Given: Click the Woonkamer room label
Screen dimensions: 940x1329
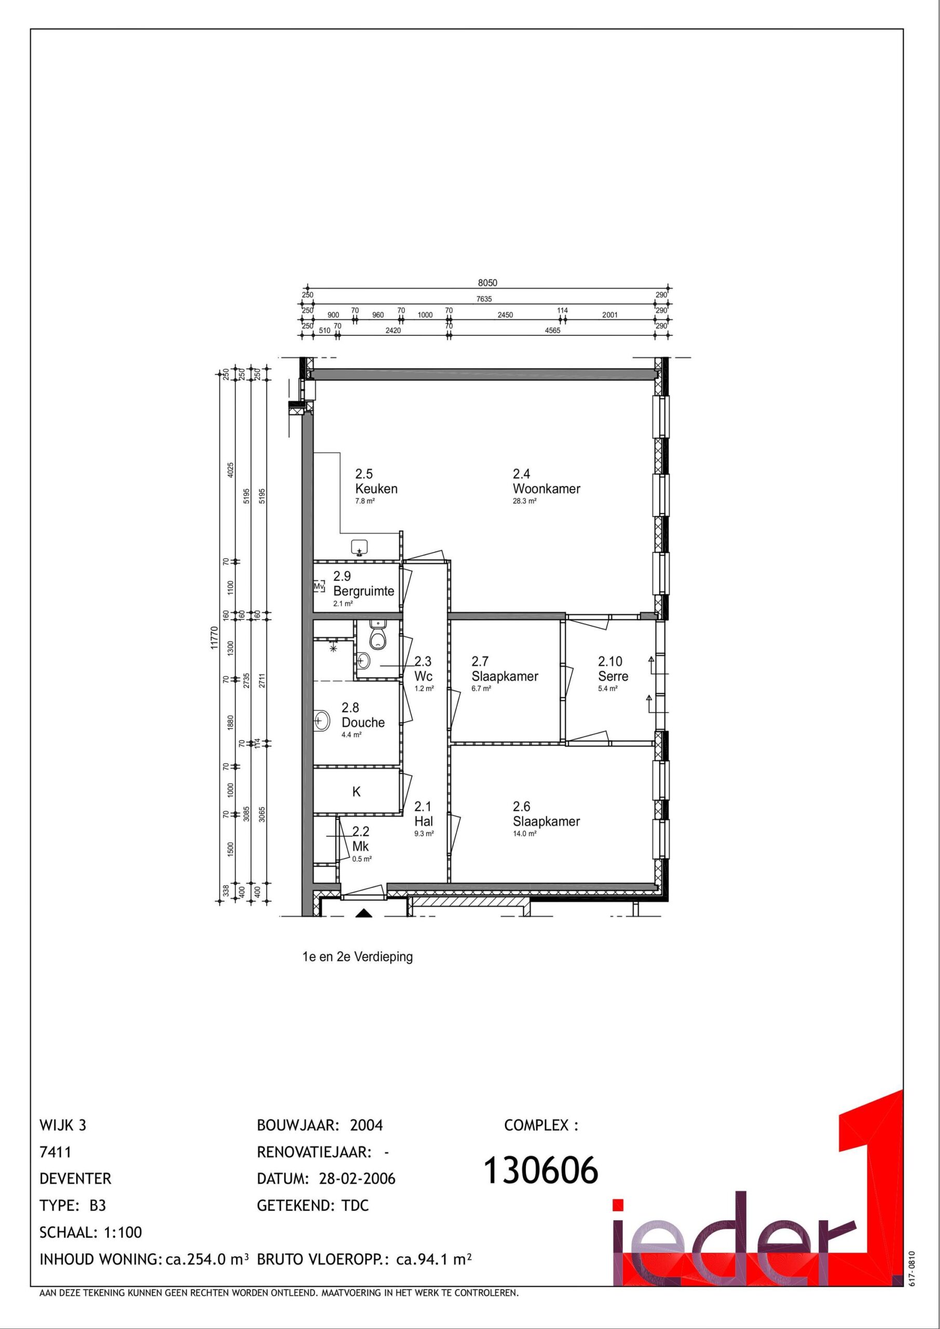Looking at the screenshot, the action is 546,489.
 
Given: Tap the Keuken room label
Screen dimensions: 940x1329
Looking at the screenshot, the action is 376,489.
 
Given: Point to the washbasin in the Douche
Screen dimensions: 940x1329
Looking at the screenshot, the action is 321,721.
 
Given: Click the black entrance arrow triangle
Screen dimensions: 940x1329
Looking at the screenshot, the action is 363,913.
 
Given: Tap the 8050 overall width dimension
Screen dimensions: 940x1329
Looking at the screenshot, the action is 487,283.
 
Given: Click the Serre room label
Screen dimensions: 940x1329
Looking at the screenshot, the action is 613,676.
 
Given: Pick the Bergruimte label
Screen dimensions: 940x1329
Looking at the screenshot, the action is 363,591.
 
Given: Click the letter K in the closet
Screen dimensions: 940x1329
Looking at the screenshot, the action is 357,792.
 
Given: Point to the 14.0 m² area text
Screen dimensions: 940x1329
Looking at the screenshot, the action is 525,834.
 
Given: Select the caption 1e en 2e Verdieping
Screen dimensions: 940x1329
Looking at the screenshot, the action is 358,957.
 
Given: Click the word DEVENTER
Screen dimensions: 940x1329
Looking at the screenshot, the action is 75,1178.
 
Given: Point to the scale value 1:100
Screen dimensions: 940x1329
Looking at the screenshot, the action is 122,1232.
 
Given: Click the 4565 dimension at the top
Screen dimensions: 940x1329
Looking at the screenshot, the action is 553,331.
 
